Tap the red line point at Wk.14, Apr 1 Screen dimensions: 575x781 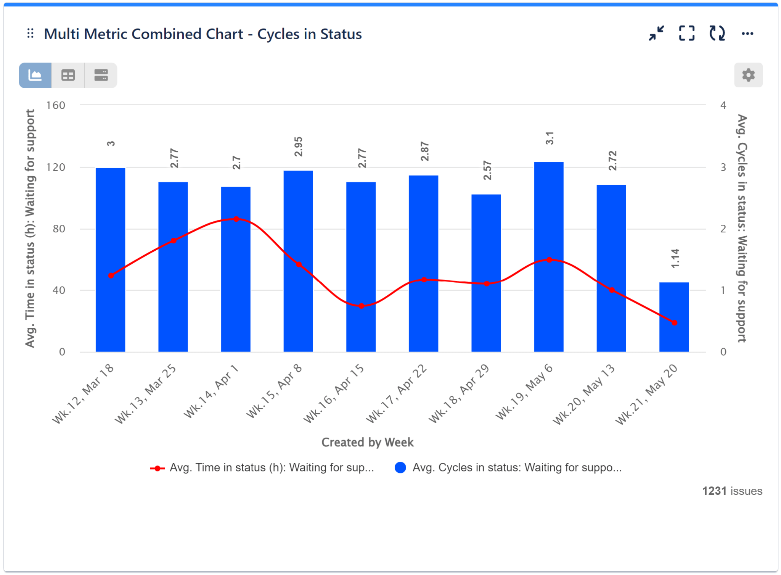click(236, 219)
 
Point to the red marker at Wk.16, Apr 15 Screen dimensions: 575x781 click(362, 306)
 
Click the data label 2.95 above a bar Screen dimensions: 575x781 click(298, 147)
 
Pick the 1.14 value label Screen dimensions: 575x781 click(675, 258)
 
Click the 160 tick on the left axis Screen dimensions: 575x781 click(56, 105)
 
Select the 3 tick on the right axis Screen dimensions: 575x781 click(723, 167)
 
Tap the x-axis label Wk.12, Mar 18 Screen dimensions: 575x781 click(83, 394)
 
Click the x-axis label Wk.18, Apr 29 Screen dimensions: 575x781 click(459, 394)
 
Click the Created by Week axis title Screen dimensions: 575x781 click(367, 442)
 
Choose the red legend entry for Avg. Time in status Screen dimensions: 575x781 click(262, 468)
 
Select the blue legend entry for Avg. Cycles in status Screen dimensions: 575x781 click(508, 468)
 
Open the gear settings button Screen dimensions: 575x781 click(748, 75)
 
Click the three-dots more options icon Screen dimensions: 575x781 click(747, 34)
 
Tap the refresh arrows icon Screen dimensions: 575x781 click(717, 33)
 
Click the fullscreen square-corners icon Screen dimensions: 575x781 click(686, 33)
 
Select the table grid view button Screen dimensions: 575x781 click(68, 75)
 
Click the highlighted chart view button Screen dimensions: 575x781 click(35, 75)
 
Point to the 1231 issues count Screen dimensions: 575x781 click(732, 491)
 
